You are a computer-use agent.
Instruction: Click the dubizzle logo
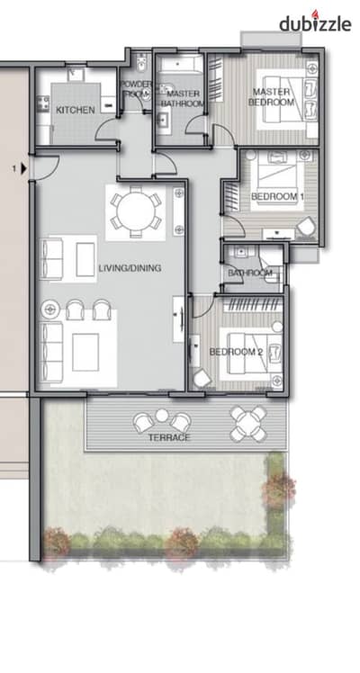click(x=315, y=22)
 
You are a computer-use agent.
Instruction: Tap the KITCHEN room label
click(x=76, y=111)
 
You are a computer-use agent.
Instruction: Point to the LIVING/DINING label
click(x=130, y=268)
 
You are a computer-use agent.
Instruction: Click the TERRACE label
click(x=169, y=438)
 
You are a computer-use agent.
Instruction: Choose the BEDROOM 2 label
click(x=236, y=352)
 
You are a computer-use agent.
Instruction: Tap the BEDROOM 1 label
click(x=277, y=196)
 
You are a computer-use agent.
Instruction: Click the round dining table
click(x=136, y=212)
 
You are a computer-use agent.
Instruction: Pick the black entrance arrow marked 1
click(x=23, y=168)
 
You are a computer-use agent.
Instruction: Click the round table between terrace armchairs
click(x=162, y=416)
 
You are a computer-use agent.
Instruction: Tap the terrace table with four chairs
click(x=248, y=424)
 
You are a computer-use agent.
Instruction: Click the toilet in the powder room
click(x=139, y=65)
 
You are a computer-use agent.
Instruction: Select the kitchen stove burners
click(x=42, y=103)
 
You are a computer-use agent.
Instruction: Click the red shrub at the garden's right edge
click(x=279, y=489)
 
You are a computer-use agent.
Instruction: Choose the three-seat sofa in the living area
click(x=51, y=352)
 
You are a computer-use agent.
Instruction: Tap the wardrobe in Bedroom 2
click(x=254, y=305)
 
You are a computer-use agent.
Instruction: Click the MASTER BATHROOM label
click(x=183, y=98)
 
